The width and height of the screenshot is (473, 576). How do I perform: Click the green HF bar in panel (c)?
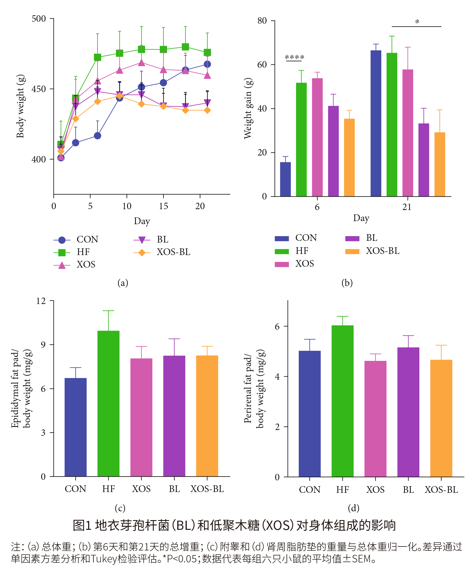pyautogui.click(x=108, y=403)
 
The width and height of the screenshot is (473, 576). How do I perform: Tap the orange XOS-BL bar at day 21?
pyautogui.click(x=440, y=164)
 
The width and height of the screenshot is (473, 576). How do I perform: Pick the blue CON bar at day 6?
pyautogui.click(x=285, y=179)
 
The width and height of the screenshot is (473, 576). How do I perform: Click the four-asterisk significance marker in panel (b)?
pyautogui.click(x=294, y=57)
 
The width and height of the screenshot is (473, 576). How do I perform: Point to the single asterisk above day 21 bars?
pyautogui.click(x=417, y=22)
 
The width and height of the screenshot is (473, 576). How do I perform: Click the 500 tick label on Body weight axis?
pyautogui.click(x=39, y=19)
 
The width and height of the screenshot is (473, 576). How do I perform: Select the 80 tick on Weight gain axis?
pyautogui.click(x=262, y=21)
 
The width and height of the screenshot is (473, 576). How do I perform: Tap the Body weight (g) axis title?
pyautogui.click(x=21, y=106)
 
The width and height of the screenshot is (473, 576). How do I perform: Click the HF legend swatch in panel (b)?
pyautogui.click(x=282, y=251)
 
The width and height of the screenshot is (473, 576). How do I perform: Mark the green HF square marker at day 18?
pyautogui.click(x=185, y=47)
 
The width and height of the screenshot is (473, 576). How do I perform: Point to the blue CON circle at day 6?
pyautogui.click(x=98, y=136)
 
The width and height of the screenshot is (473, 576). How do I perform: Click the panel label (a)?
pyautogui.click(x=123, y=283)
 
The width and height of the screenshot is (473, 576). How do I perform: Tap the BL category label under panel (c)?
pyautogui.click(x=174, y=489)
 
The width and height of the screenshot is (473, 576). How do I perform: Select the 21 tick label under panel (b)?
pyautogui.click(x=407, y=207)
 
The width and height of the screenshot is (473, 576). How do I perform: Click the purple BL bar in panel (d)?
pyautogui.click(x=408, y=412)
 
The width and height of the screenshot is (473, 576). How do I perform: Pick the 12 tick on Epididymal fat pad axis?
pyautogui.click(x=41, y=301)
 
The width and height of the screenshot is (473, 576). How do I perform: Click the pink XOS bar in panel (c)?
pyautogui.click(x=141, y=417)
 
